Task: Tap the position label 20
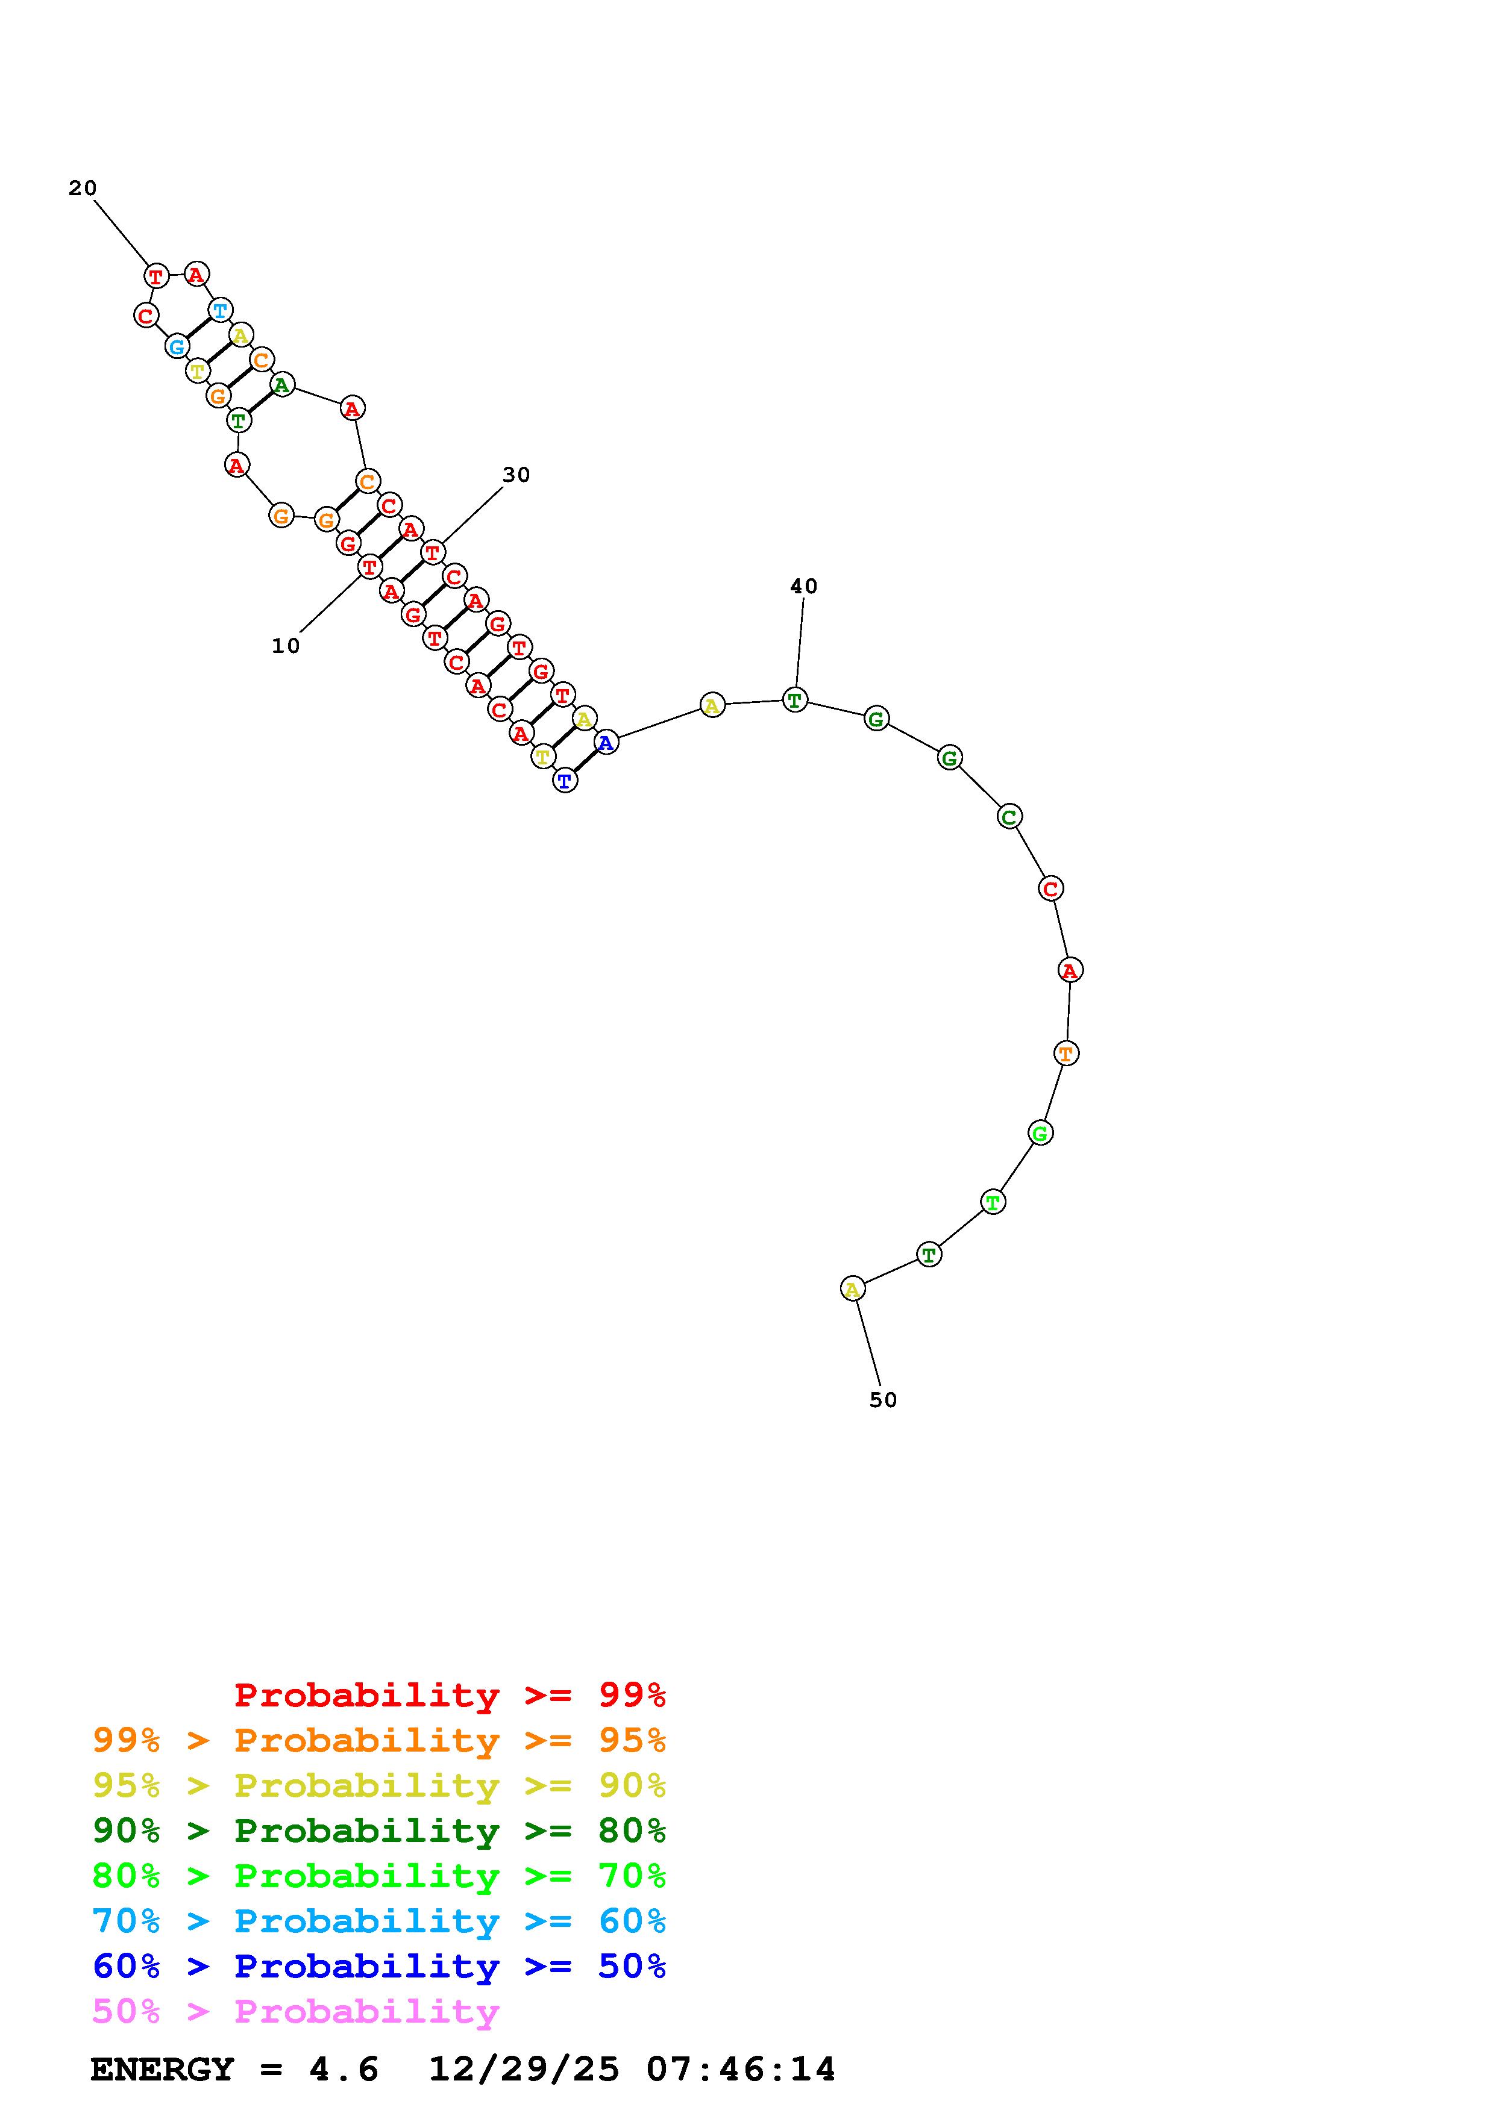pos(82,188)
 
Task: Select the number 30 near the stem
pos(516,475)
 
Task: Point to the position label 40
pos(803,586)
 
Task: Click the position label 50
pos(883,1400)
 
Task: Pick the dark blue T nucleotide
pos(565,781)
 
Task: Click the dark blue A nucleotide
pos(606,741)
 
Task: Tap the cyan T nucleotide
pos(220,310)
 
